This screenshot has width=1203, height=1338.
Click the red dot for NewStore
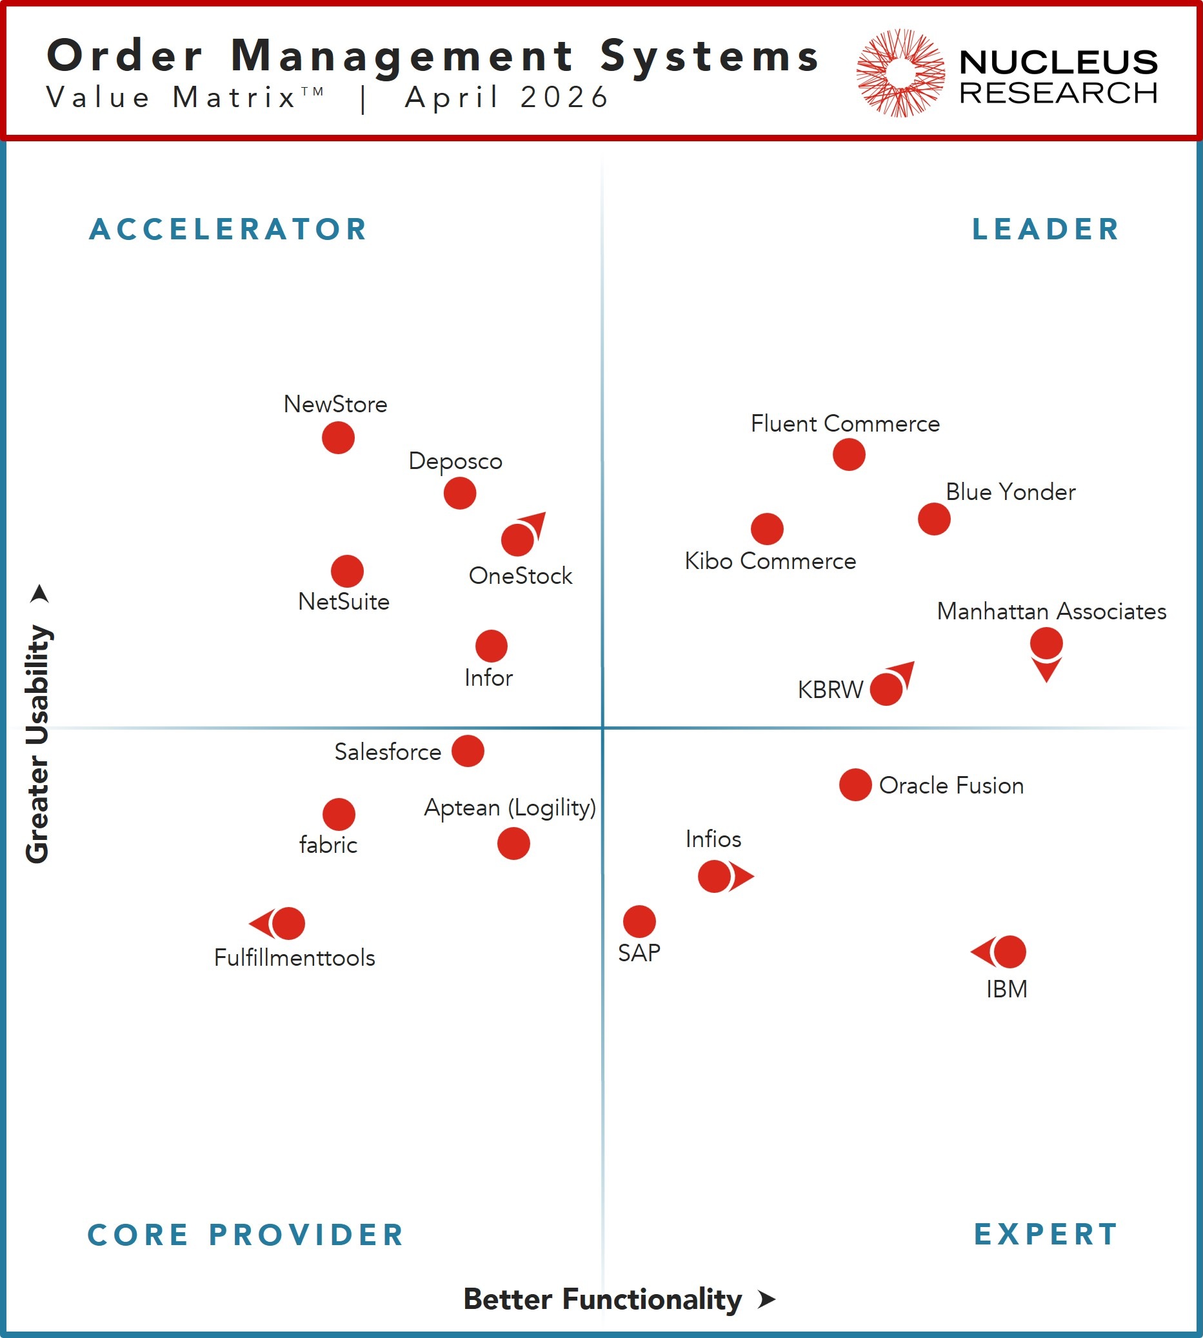338,437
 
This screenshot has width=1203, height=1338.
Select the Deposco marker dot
459,493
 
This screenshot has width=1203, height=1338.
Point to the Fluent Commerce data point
849,455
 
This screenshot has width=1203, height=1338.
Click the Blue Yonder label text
1010,492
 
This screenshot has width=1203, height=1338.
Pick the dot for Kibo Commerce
767,529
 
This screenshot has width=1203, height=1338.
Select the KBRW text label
830,690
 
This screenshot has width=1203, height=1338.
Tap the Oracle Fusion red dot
855,784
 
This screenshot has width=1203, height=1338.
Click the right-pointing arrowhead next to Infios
742,877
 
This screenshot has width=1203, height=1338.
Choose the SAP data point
639,921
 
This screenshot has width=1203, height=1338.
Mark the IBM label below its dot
1007,990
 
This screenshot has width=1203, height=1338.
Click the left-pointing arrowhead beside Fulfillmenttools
261,923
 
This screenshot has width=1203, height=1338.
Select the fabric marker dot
339,814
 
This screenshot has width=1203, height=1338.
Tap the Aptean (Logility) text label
510,807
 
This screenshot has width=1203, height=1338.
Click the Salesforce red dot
467,751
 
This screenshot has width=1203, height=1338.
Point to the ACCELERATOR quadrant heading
228,230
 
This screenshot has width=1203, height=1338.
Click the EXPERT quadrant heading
1046,1234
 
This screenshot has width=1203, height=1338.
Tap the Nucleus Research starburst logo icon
900,73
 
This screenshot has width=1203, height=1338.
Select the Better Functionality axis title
602,1299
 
